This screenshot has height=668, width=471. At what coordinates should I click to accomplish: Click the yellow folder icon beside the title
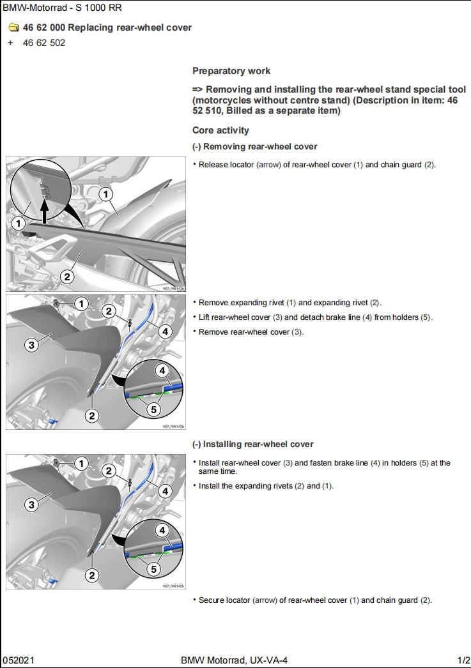click(x=13, y=27)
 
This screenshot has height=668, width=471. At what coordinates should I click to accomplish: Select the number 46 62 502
click(x=44, y=43)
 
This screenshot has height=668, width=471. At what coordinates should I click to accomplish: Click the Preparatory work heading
click(x=231, y=71)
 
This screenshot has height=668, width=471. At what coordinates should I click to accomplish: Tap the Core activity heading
click(x=220, y=130)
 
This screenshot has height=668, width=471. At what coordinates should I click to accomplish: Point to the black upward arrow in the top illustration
click(x=44, y=211)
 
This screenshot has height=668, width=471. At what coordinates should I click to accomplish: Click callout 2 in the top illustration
click(x=67, y=277)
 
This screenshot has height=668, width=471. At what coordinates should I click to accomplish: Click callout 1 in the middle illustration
click(x=81, y=304)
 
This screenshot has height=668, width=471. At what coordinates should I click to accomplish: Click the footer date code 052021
click(x=17, y=660)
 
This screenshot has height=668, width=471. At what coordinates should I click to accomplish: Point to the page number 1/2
click(x=463, y=660)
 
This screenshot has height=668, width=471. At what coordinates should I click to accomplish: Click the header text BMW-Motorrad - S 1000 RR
click(x=62, y=8)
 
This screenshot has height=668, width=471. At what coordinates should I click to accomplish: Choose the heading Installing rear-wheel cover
click(x=253, y=444)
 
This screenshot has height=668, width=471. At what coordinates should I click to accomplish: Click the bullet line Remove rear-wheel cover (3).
click(x=251, y=332)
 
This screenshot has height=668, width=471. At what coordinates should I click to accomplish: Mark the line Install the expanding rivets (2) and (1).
click(x=266, y=486)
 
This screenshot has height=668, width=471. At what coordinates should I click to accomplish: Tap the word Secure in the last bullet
click(x=212, y=600)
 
